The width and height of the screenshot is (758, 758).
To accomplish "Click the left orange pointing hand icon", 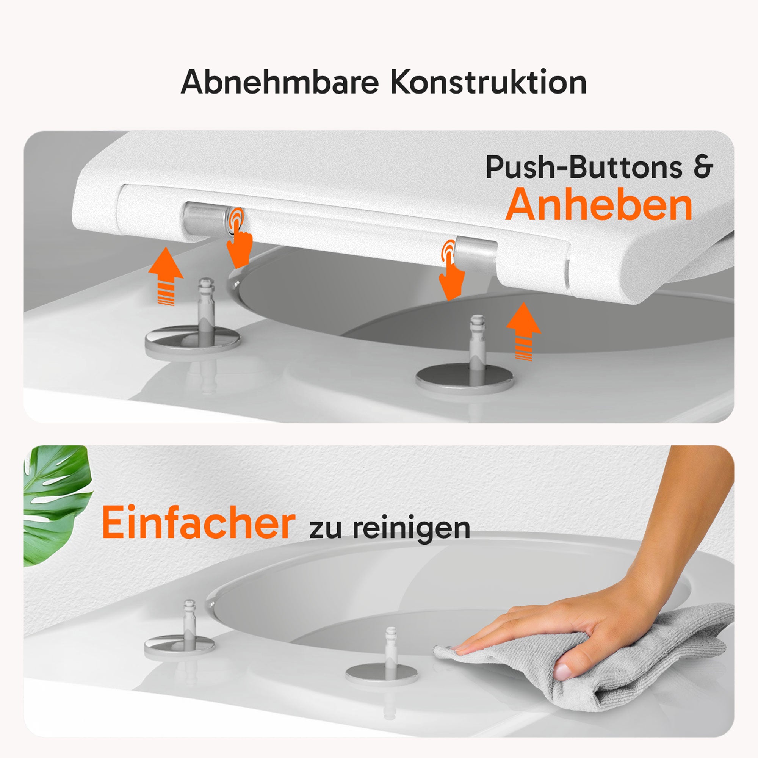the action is click(x=239, y=239).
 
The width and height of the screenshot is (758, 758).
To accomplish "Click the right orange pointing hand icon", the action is click(x=450, y=271).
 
